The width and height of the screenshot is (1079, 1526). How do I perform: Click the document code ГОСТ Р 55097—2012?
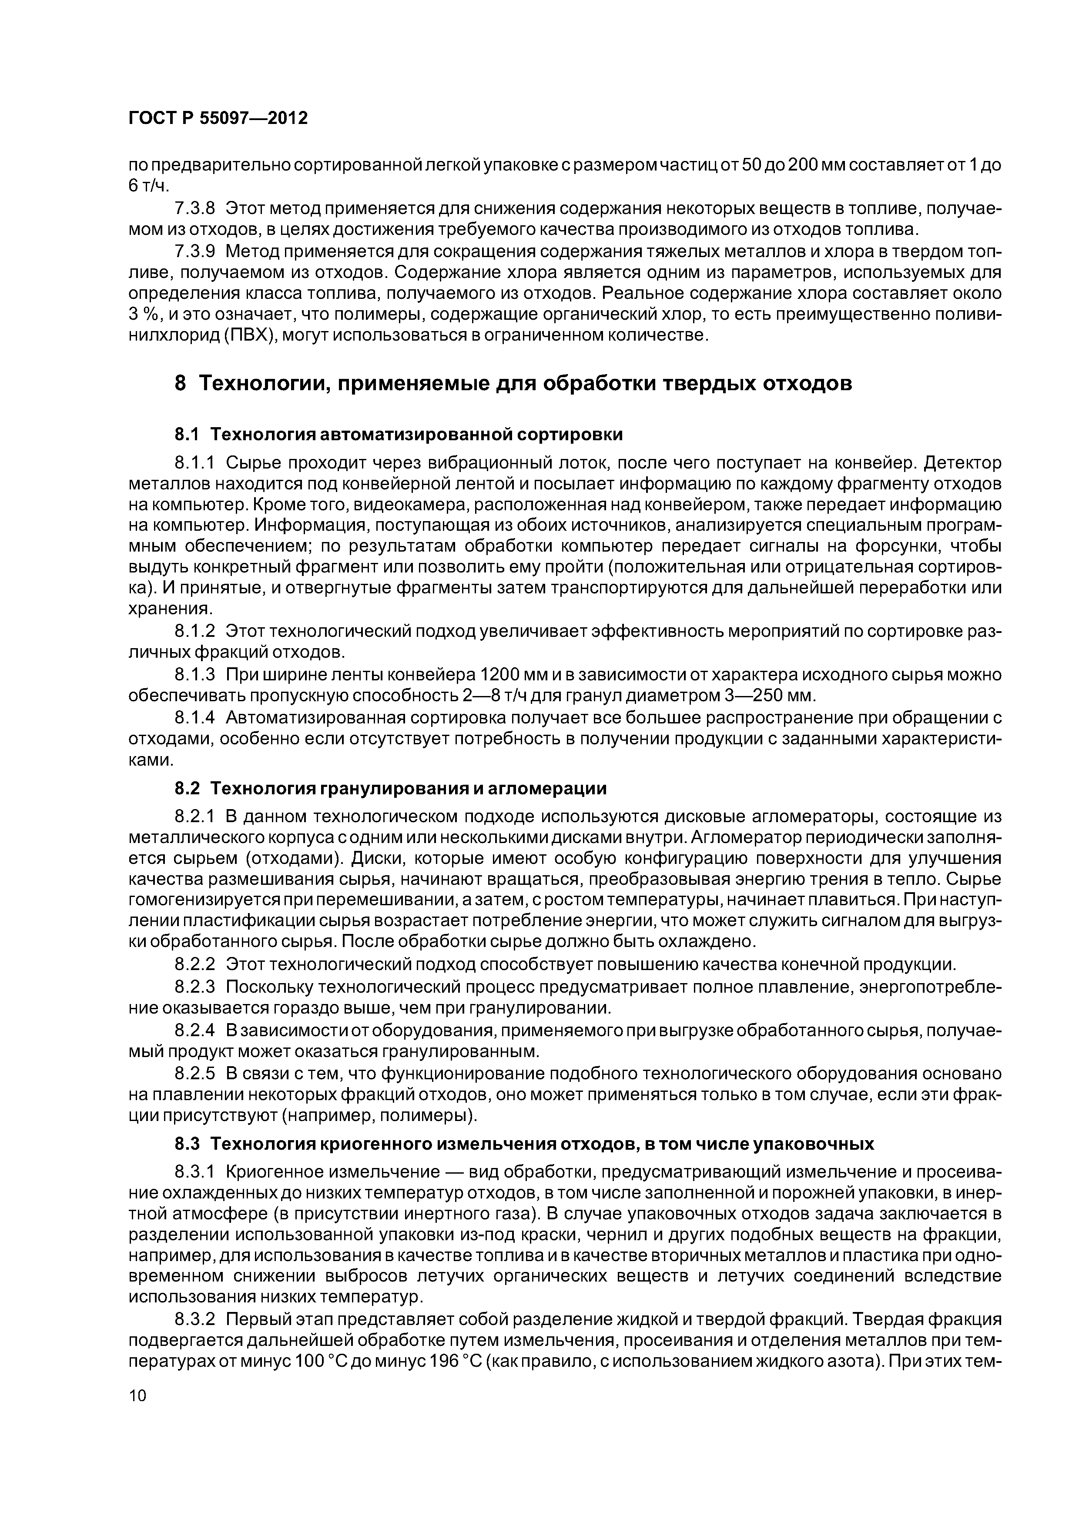[218, 118]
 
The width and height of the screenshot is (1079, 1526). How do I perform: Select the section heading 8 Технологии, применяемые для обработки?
[513, 384]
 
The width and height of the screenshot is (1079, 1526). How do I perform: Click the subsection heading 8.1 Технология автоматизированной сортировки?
[399, 435]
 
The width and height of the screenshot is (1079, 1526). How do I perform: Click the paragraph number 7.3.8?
[195, 208]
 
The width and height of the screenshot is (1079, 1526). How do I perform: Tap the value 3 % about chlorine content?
[141, 315]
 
